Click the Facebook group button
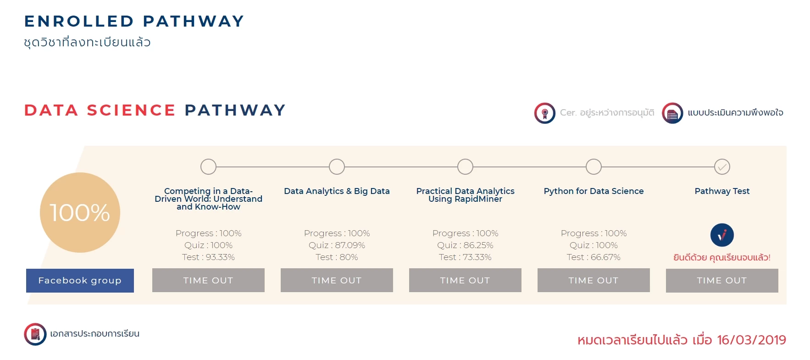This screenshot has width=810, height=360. coord(80,280)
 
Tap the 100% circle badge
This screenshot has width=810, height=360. coord(80,212)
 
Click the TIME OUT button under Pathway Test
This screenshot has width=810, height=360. coord(722,280)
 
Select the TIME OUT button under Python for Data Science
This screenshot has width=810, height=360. coord(594,280)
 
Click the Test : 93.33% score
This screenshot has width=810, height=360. coord(208,257)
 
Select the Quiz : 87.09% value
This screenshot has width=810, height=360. coord(337,245)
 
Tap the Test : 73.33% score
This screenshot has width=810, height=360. coord(465,257)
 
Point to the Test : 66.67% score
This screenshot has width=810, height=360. coord(594,257)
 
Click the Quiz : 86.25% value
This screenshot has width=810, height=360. coord(465,245)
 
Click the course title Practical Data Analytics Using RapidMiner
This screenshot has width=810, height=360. coord(465,195)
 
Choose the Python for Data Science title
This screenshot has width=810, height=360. coord(594,191)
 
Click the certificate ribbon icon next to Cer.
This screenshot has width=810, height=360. coord(545,113)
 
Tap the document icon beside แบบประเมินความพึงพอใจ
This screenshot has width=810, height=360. coord(672,113)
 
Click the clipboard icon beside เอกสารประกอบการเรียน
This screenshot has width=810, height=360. coord(35,334)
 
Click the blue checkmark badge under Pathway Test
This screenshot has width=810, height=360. coord(722,235)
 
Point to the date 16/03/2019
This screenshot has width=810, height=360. coord(751,340)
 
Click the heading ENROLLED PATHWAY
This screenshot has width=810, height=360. coord(134,21)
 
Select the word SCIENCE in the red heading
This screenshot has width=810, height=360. coord(131,110)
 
